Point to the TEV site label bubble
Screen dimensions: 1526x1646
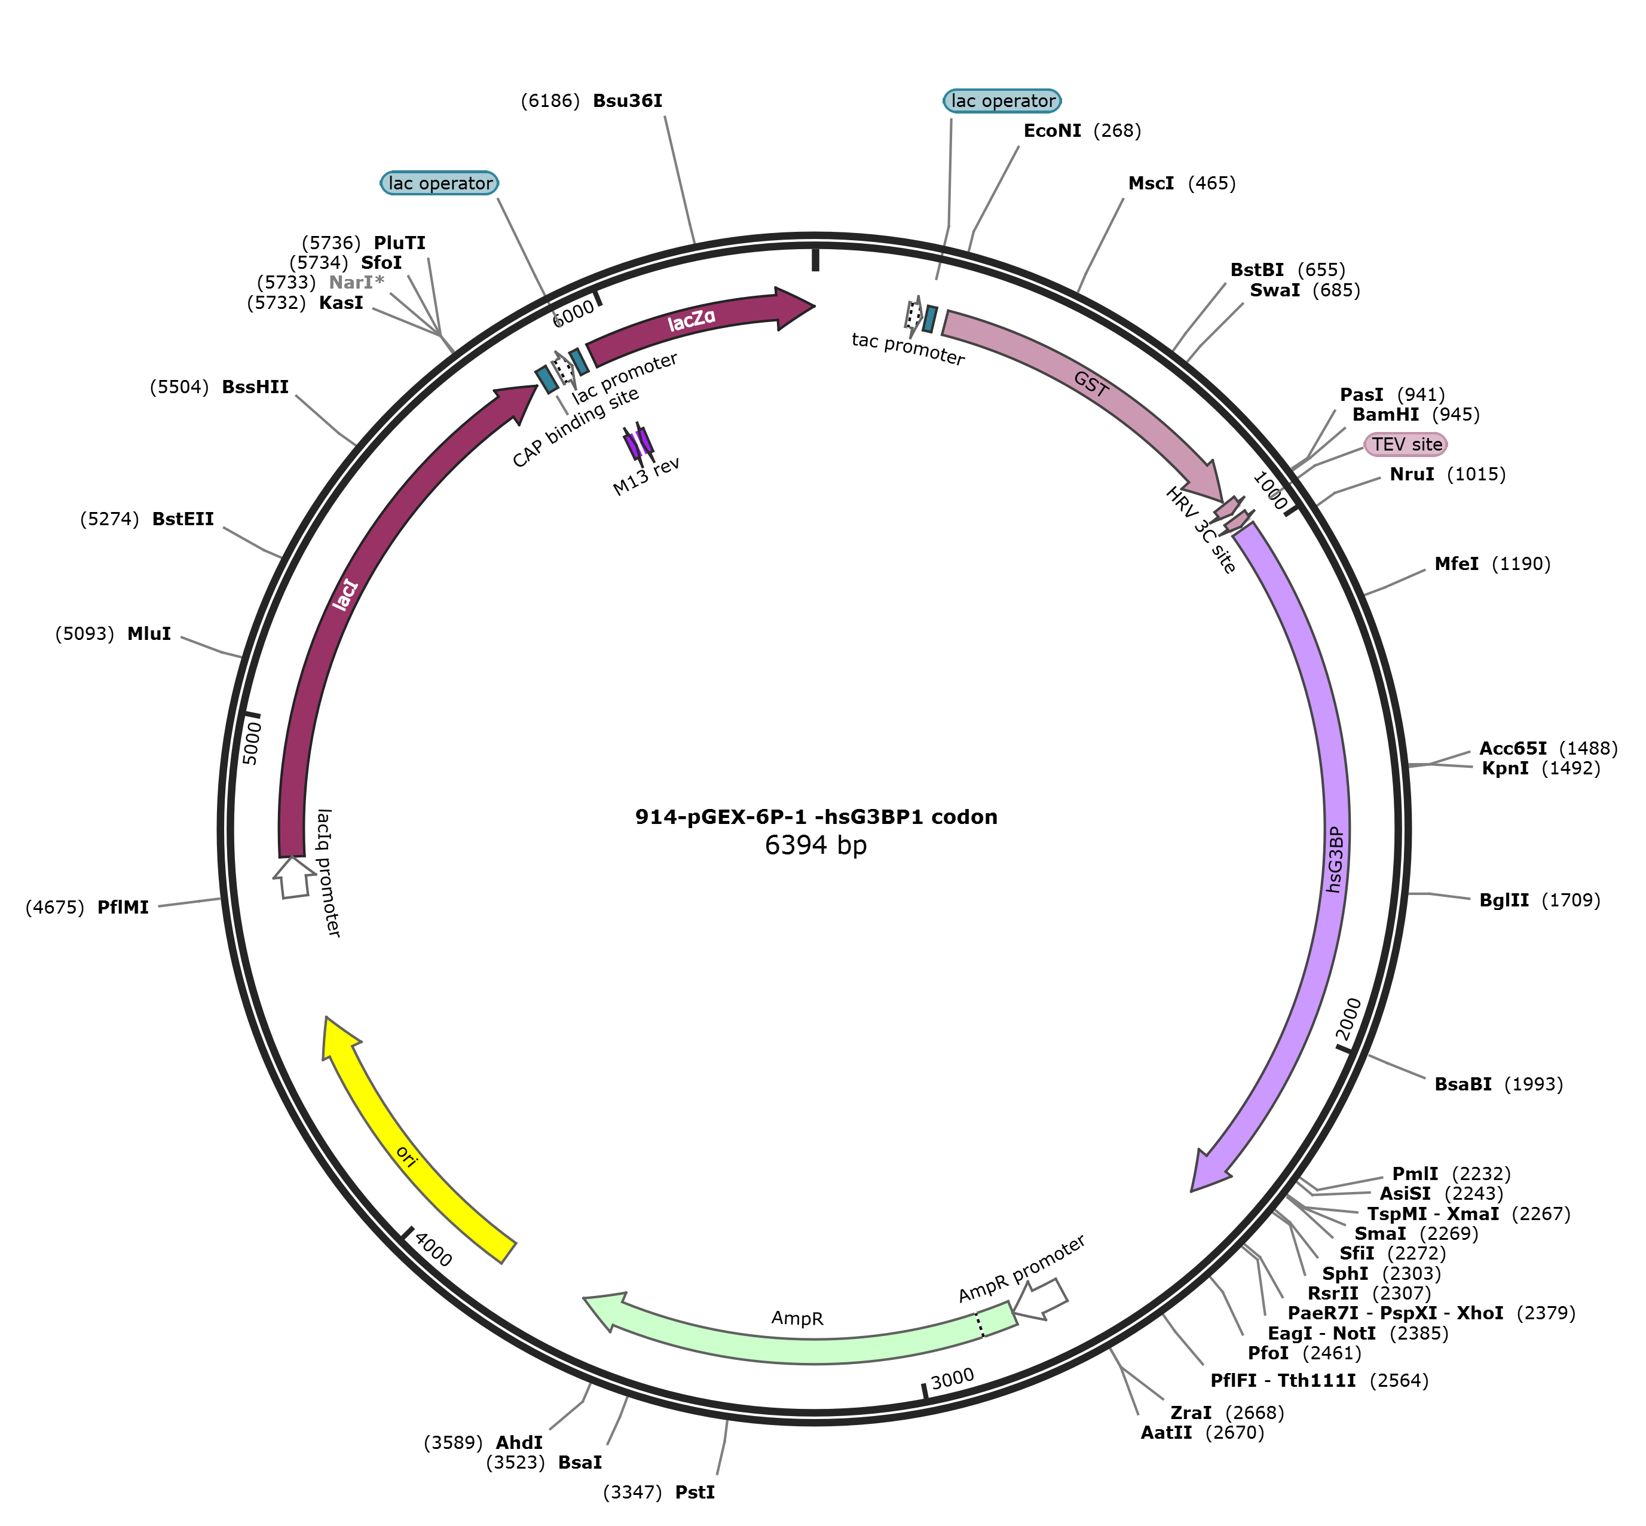point(1406,445)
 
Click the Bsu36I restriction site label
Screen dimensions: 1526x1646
point(627,102)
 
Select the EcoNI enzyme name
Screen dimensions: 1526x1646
point(1051,130)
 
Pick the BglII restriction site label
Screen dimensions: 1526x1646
point(1504,900)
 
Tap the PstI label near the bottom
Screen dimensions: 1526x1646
point(694,1492)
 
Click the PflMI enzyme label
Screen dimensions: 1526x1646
point(123,908)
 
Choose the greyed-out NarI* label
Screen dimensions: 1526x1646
point(356,283)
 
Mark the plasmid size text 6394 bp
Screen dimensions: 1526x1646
point(815,845)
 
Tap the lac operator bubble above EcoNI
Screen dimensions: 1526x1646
point(1002,101)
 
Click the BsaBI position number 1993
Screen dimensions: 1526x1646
point(1533,1084)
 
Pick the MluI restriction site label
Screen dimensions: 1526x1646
point(149,634)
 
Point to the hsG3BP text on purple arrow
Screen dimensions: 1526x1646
point(1335,859)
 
